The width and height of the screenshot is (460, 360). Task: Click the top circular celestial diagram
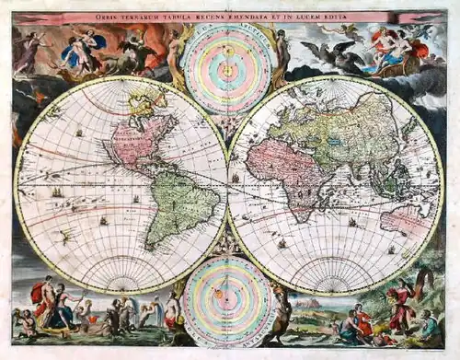227,66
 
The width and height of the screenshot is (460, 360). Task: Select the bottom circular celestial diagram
227,299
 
